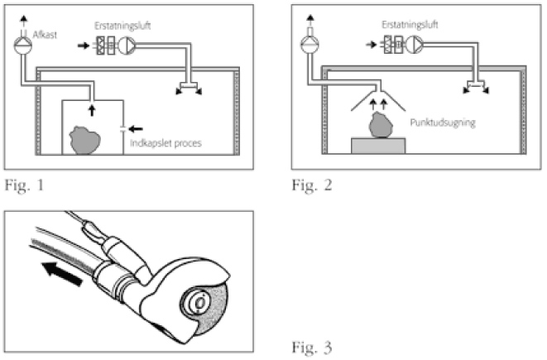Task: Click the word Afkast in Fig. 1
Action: pyautogui.click(x=45, y=35)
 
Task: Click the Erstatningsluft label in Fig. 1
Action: pyautogui.click(x=122, y=26)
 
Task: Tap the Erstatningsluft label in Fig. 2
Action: pyautogui.click(x=410, y=25)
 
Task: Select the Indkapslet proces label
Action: pyautogui.click(x=166, y=143)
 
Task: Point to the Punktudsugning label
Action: pyautogui.click(x=443, y=122)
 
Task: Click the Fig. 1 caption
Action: pyautogui.click(x=25, y=185)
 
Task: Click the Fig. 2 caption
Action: pyautogui.click(x=311, y=185)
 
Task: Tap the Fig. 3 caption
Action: pyautogui.click(x=311, y=347)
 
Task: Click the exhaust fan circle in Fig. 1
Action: pyautogui.click(x=22, y=46)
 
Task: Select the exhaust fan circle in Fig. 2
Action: pyautogui.click(x=309, y=45)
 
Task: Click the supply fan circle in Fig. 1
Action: pyautogui.click(x=127, y=46)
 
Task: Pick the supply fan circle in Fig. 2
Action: pyautogui.click(x=414, y=45)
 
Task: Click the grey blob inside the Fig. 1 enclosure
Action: pyautogui.click(x=84, y=140)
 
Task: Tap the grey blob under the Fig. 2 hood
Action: pyautogui.click(x=381, y=125)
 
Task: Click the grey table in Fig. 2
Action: pyautogui.click(x=378, y=146)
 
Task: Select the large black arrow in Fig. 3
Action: pyautogui.click(x=62, y=274)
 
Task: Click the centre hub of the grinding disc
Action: pyautogui.click(x=200, y=302)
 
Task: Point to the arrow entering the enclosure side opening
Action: pyautogui.click(x=136, y=129)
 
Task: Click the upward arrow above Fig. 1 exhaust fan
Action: pyautogui.click(x=23, y=21)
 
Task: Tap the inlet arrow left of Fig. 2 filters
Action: pyautogui.click(x=372, y=45)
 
